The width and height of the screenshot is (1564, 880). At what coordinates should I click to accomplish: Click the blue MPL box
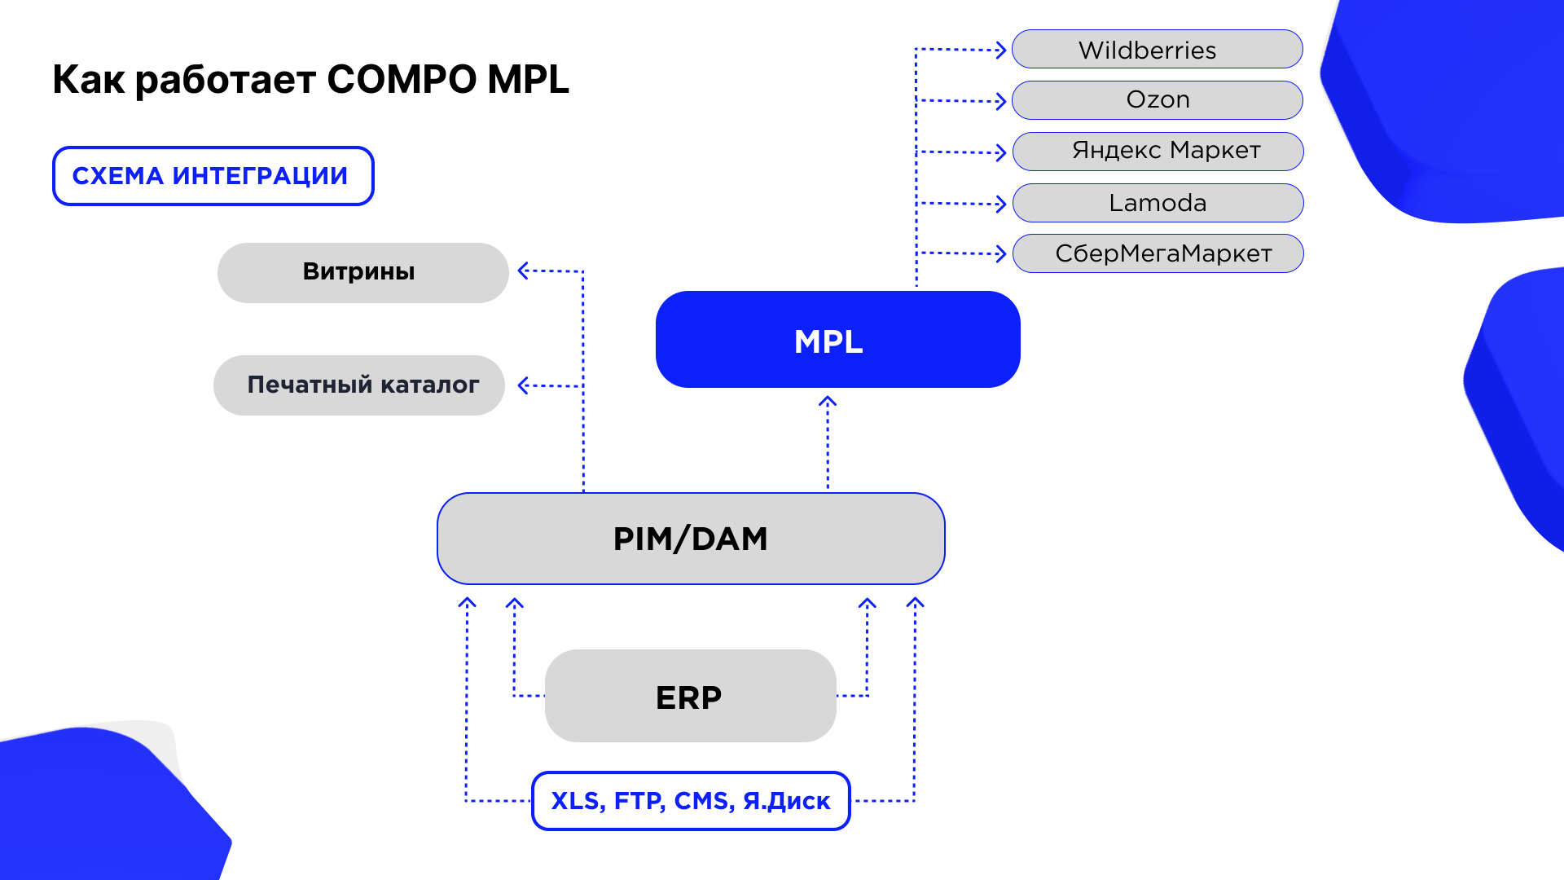tap(837, 339)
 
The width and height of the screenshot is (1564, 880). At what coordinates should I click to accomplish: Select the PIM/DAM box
tap(691, 539)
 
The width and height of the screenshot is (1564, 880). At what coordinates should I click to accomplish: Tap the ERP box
tap(690, 696)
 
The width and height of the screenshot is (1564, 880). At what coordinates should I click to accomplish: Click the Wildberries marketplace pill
tap(1157, 49)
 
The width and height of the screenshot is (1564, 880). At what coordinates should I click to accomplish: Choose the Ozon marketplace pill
tap(1157, 100)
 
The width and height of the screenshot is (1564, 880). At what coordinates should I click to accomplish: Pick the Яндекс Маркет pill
tap(1158, 152)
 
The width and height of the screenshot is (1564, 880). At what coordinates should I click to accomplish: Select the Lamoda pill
tap(1158, 203)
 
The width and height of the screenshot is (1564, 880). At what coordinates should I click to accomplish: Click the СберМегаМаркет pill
tap(1158, 253)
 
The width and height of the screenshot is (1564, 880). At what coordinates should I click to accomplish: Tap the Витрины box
tap(362, 273)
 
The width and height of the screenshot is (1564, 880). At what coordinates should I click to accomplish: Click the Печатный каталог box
tap(359, 385)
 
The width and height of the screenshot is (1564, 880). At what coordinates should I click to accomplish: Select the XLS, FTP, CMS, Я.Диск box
tap(691, 801)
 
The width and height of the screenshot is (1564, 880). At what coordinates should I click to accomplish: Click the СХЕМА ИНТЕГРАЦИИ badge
tap(213, 176)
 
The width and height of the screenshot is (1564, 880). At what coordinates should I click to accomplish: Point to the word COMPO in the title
tap(402, 80)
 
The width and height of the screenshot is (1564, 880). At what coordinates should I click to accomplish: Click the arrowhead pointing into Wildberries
tap(1002, 50)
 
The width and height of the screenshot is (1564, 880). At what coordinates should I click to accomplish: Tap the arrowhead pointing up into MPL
tap(828, 401)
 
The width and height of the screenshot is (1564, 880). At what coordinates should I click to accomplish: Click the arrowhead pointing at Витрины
tap(524, 271)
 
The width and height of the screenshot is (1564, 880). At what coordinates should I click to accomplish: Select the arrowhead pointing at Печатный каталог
tap(524, 385)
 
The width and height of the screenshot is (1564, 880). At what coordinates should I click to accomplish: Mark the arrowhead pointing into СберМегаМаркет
tap(1002, 254)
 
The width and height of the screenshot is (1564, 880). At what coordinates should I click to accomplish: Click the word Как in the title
tap(89, 80)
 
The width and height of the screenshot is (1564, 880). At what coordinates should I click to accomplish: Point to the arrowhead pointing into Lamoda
tap(1002, 204)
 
